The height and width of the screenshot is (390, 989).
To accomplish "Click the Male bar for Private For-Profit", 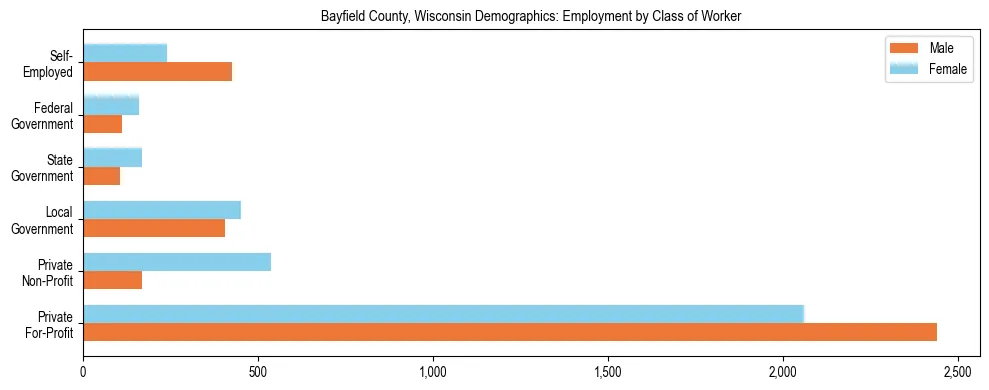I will click(x=510, y=332).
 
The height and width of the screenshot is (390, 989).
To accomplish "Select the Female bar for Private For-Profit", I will click(x=443, y=314).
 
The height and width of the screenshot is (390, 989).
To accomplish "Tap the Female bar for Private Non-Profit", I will click(x=177, y=262).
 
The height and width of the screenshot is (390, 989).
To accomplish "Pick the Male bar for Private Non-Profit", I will click(x=113, y=280).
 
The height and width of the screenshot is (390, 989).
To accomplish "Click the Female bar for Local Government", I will click(x=162, y=210).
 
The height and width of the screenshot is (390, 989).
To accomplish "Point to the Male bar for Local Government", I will click(x=154, y=228).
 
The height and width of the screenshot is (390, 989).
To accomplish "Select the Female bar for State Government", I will click(x=113, y=157).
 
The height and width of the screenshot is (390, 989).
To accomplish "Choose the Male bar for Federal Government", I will click(x=103, y=124).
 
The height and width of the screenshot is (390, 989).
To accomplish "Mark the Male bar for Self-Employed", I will click(x=158, y=72).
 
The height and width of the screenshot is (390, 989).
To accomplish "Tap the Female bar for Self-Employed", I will click(x=125, y=53).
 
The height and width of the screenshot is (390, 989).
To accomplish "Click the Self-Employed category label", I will click(x=55, y=63).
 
